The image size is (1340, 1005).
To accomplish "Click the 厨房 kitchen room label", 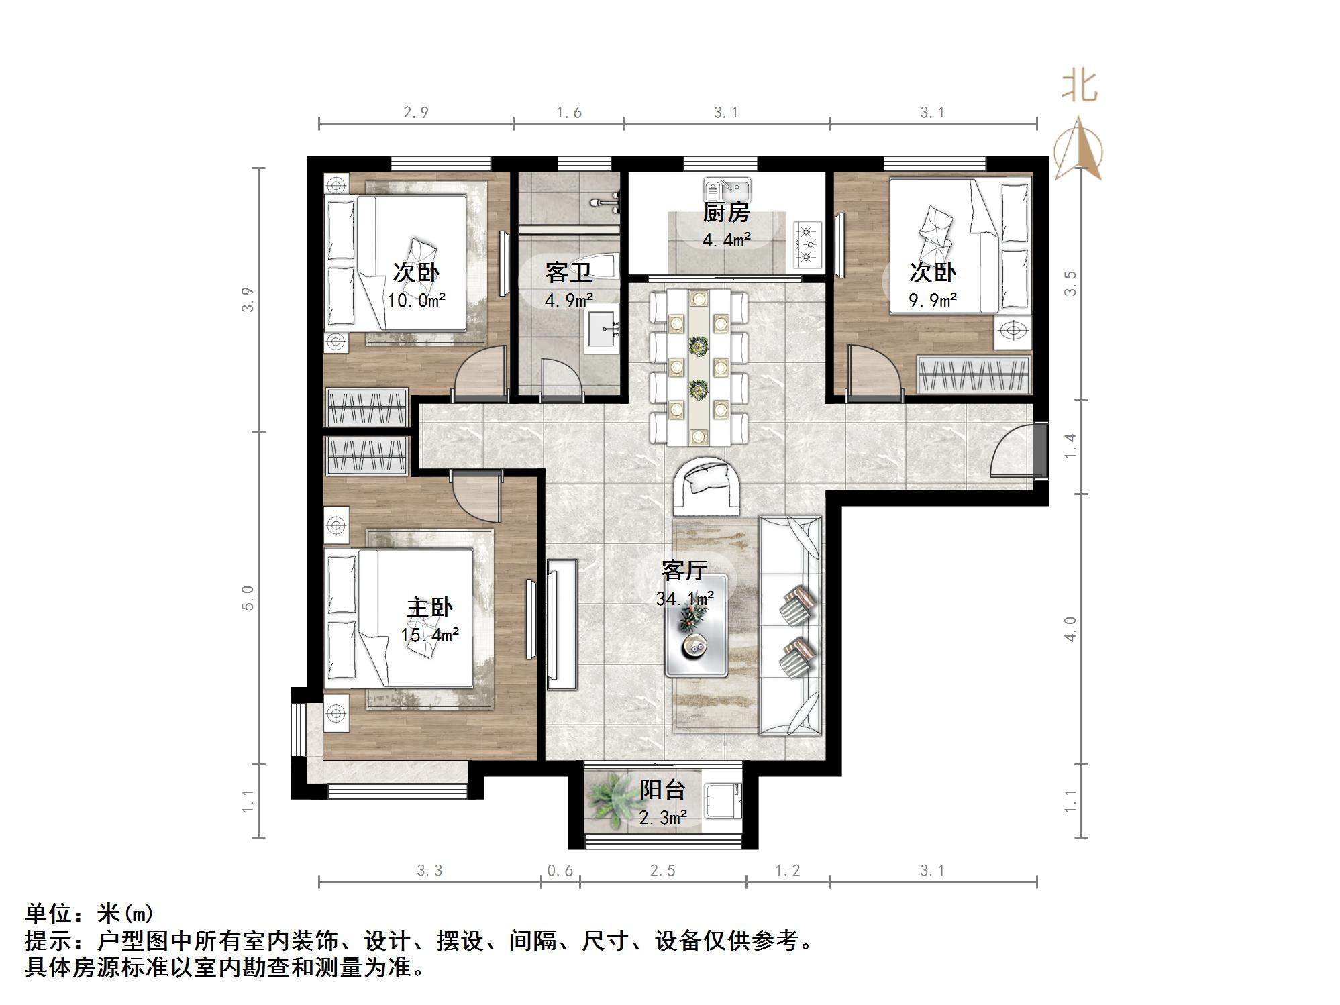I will click(x=725, y=213).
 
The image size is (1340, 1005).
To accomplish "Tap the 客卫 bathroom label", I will click(x=568, y=273).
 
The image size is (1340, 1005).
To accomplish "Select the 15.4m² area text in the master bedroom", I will click(x=430, y=634).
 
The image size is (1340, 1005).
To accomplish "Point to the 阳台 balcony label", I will click(x=662, y=790).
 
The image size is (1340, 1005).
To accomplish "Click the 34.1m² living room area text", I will click(x=684, y=597).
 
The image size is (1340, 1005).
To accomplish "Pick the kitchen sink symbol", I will click(x=727, y=188).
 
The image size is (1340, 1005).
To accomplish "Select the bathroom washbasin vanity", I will click(x=603, y=329).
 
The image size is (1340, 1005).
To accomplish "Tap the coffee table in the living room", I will click(x=697, y=625).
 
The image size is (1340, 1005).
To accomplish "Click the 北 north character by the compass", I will click(x=1079, y=87).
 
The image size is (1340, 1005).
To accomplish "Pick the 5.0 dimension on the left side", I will click(x=248, y=598).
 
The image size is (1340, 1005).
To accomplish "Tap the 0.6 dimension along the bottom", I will click(x=560, y=871).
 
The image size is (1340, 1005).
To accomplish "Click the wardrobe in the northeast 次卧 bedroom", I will click(x=973, y=374).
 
